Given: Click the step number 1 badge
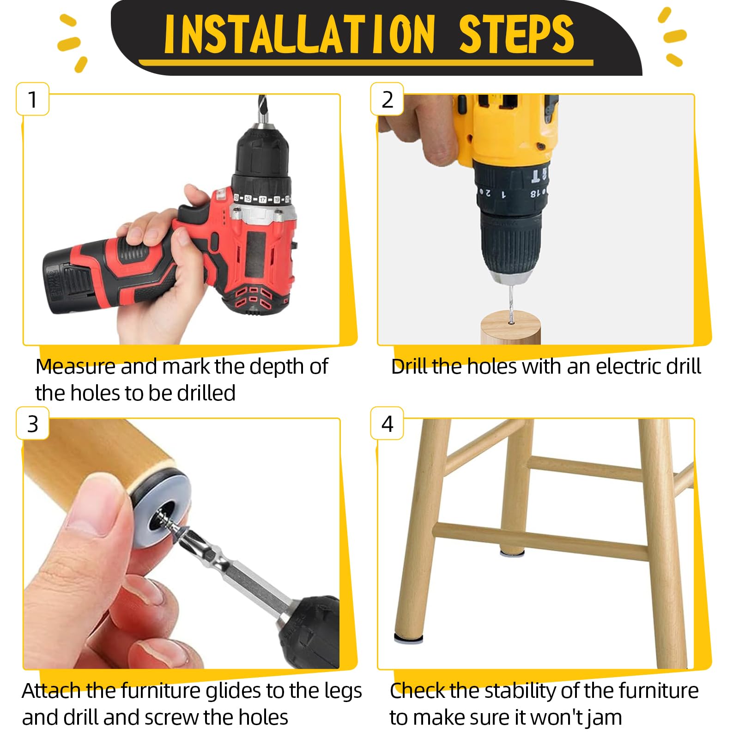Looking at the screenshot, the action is [32, 99].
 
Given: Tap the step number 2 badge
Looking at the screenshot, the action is [387, 99].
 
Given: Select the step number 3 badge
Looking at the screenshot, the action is [32, 424].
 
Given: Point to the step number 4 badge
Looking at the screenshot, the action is [387, 424].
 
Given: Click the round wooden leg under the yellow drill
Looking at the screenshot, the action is [510, 327].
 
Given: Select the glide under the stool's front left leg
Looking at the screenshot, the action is [408, 639].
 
